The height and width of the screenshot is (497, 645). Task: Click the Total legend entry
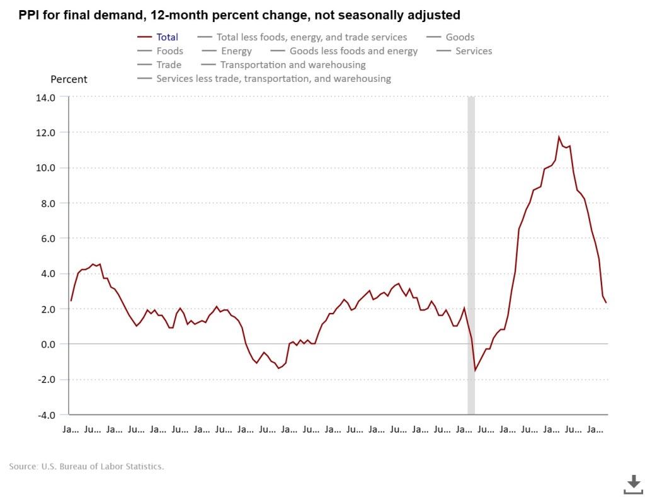(167, 37)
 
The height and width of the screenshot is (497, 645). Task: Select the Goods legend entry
(459, 37)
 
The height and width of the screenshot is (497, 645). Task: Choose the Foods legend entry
(169, 51)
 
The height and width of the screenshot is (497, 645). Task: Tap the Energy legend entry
(236, 51)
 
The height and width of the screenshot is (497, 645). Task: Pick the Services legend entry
(474, 51)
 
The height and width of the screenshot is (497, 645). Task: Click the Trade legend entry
(169, 65)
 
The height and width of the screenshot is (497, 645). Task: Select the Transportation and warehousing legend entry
(292, 65)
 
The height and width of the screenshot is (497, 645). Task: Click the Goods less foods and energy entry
(353, 51)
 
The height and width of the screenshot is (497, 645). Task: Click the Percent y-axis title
(69, 79)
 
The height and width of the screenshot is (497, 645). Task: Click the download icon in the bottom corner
(633, 484)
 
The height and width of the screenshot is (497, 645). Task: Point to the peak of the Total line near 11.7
(558, 137)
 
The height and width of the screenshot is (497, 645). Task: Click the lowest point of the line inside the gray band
(474, 370)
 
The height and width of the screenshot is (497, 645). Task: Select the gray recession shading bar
(471, 252)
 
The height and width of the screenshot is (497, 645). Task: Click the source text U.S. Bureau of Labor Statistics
(86, 467)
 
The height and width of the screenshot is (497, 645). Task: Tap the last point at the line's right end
(606, 303)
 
